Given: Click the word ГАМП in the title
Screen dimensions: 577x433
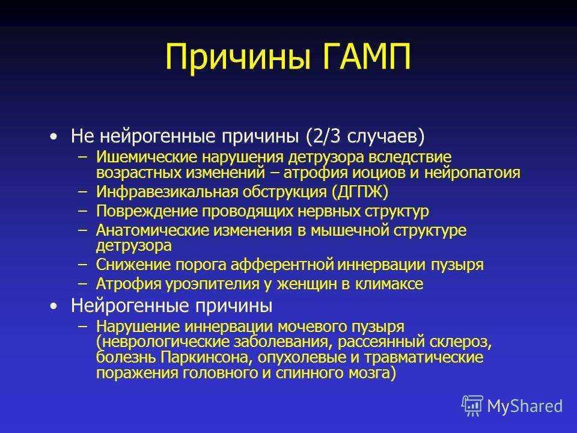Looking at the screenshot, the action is tap(367, 57).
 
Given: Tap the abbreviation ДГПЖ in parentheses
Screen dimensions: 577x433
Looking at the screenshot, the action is tap(360, 192).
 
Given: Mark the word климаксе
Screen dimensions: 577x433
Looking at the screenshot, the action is tap(389, 284).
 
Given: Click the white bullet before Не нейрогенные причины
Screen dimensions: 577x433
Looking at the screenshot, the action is tap(53, 137).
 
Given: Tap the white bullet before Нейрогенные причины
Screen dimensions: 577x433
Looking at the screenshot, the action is tap(53, 306).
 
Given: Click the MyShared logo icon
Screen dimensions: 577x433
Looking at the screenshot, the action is tap(472, 406).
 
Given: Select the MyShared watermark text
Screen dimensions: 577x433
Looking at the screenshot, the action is tap(525, 406).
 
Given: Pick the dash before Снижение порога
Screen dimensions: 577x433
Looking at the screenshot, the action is tap(83, 265).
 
